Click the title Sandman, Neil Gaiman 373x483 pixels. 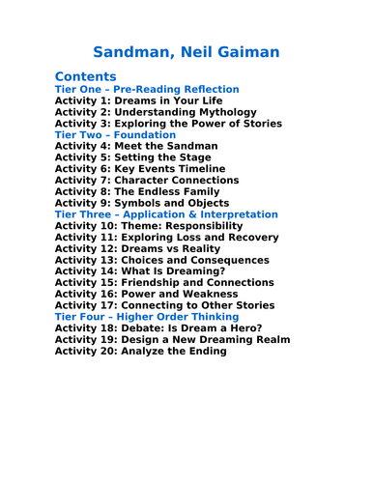(186, 50)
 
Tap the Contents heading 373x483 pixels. (86, 76)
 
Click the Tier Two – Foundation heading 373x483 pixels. (115, 135)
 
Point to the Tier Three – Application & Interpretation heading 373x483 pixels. (166, 214)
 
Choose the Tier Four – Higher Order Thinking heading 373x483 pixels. (147, 317)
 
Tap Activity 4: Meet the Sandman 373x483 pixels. (136, 146)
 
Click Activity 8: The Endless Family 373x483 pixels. (144, 191)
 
